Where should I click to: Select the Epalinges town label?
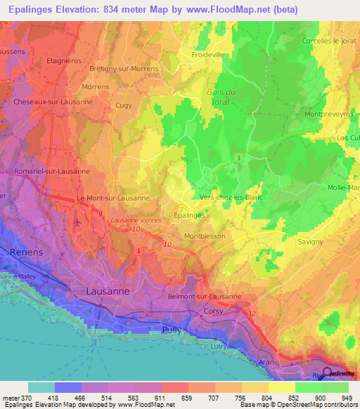pyautogui.click(x=189, y=216)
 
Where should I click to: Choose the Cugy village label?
pyautogui.click(x=123, y=105)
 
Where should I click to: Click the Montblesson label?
pyautogui.click(x=205, y=236)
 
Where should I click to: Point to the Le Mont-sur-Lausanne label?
pyautogui.click(x=113, y=198)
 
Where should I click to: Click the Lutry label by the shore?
pyautogui.click(x=221, y=346)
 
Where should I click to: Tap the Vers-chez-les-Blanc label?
pyautogui.click(x=231, y=197)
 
